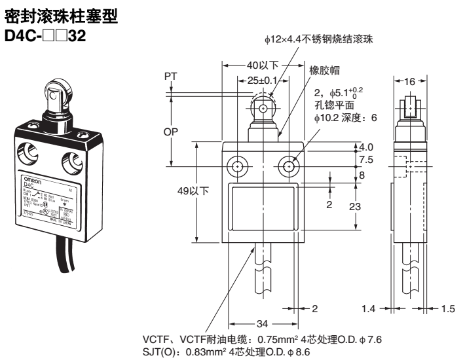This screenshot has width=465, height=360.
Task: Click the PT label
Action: (x=172, y=77)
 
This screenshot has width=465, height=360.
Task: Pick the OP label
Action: (x=172, y=132)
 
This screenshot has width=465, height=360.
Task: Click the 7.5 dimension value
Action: (x=367, y=160)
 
